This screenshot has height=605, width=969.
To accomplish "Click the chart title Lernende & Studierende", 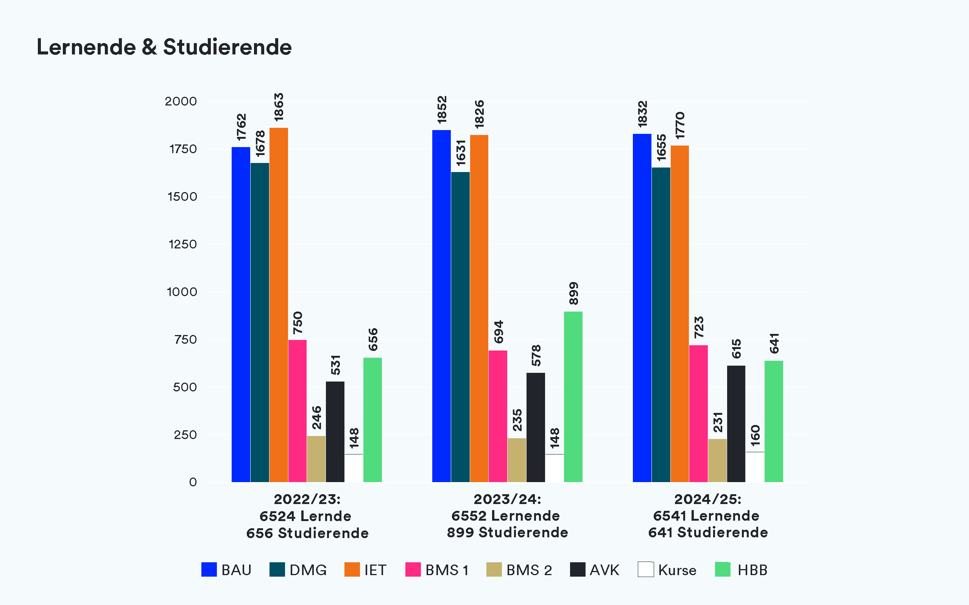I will click(x=164, y=47).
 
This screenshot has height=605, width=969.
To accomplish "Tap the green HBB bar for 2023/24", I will click(x=573, y=397).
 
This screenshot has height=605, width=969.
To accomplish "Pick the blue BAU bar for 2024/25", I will click(x=642, y=308).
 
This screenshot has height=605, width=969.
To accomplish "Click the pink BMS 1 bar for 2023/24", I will click(x=498, y=416).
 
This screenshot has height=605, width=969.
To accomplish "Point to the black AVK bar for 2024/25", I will click(x=736, y=424).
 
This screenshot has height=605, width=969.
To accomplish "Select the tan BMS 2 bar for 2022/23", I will click(x=316, y=459).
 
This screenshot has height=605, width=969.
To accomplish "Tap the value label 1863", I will click(x=279, y=107).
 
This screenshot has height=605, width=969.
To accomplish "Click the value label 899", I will click(x=573, y=294).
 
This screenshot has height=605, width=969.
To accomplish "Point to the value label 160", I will click(x=755, y=436).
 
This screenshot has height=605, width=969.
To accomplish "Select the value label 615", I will click(x=736, y=349).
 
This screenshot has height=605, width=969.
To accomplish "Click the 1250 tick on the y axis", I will click(x=182, y=245).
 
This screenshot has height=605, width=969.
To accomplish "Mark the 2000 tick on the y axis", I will click(x=181, y=101).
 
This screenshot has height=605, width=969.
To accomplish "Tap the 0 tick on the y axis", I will click(x=193, y=482).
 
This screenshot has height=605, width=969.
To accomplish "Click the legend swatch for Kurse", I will click(x=645, y=569).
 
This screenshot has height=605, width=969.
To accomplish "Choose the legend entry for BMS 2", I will click(x=519, y=570).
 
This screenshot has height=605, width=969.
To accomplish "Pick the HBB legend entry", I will click(x=741, y=570).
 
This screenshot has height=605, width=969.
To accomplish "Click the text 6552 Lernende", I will click(x=505, y=516).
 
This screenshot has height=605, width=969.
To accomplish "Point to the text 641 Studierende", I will click(x=708, y=532).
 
